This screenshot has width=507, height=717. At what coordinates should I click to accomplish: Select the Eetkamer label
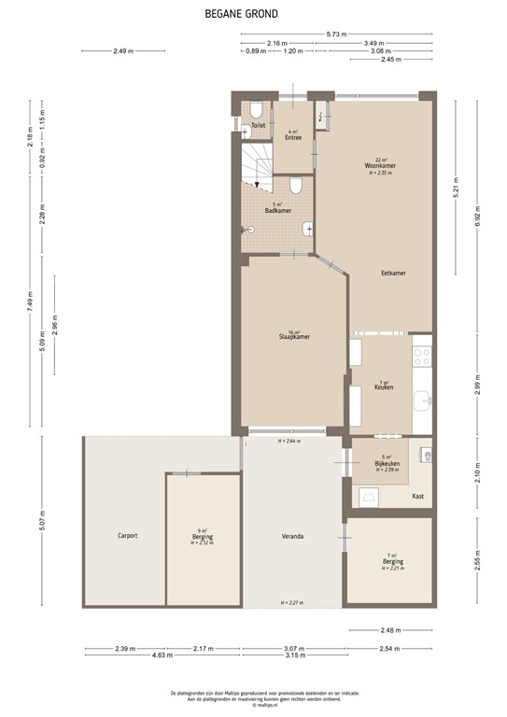coord(393,273)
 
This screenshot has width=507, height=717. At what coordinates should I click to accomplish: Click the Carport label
coord(127,535)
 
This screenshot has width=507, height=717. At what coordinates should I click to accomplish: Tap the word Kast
coord(417,496)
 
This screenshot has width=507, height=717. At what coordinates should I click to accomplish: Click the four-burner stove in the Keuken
coord(422,356)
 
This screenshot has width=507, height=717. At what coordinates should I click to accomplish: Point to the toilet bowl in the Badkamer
coord(295,187)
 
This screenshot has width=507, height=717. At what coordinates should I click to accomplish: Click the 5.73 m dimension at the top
coord(337,34)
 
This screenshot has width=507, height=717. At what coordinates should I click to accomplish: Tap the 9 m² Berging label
coord(202,538)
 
